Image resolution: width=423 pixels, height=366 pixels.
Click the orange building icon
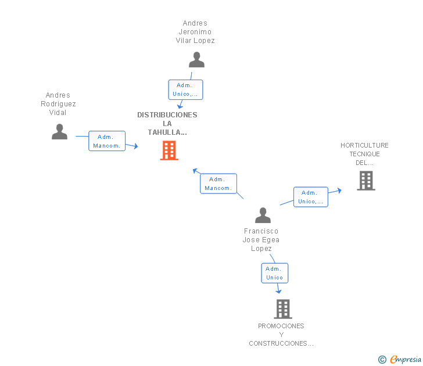point(169,150)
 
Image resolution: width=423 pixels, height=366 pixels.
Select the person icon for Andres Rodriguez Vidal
point(60,132)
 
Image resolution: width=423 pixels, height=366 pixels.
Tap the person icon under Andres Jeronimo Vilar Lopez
point(196,60)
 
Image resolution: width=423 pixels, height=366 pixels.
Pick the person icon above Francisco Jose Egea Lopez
point(263,215)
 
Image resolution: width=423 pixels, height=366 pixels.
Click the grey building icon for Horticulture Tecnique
point(366,181)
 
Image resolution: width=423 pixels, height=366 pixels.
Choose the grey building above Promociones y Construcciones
point(283,309)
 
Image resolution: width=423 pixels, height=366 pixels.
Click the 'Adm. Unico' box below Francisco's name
point(275,273)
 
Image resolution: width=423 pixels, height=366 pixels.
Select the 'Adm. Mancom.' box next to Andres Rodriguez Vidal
point(107,141)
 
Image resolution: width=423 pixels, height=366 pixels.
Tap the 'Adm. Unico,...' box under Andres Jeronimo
point(185,90)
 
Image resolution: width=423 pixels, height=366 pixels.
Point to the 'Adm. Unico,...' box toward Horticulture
point(311,197)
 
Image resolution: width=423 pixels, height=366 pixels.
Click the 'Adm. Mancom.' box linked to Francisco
point(218,184)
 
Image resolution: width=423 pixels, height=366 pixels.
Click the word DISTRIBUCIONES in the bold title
point(167,115)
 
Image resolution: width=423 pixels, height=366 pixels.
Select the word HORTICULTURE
point(364,145)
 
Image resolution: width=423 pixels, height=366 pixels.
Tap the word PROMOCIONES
point(281,326)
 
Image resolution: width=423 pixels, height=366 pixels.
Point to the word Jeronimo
point(195,32)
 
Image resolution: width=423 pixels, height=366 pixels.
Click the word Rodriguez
point(58,104)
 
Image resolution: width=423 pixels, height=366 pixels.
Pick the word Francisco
point(261,231)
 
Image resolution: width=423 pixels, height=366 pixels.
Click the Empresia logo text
point(406,359)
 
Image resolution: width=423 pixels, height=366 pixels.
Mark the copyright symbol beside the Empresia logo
point(382,360)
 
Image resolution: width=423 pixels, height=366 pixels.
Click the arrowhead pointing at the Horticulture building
point(339,191)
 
